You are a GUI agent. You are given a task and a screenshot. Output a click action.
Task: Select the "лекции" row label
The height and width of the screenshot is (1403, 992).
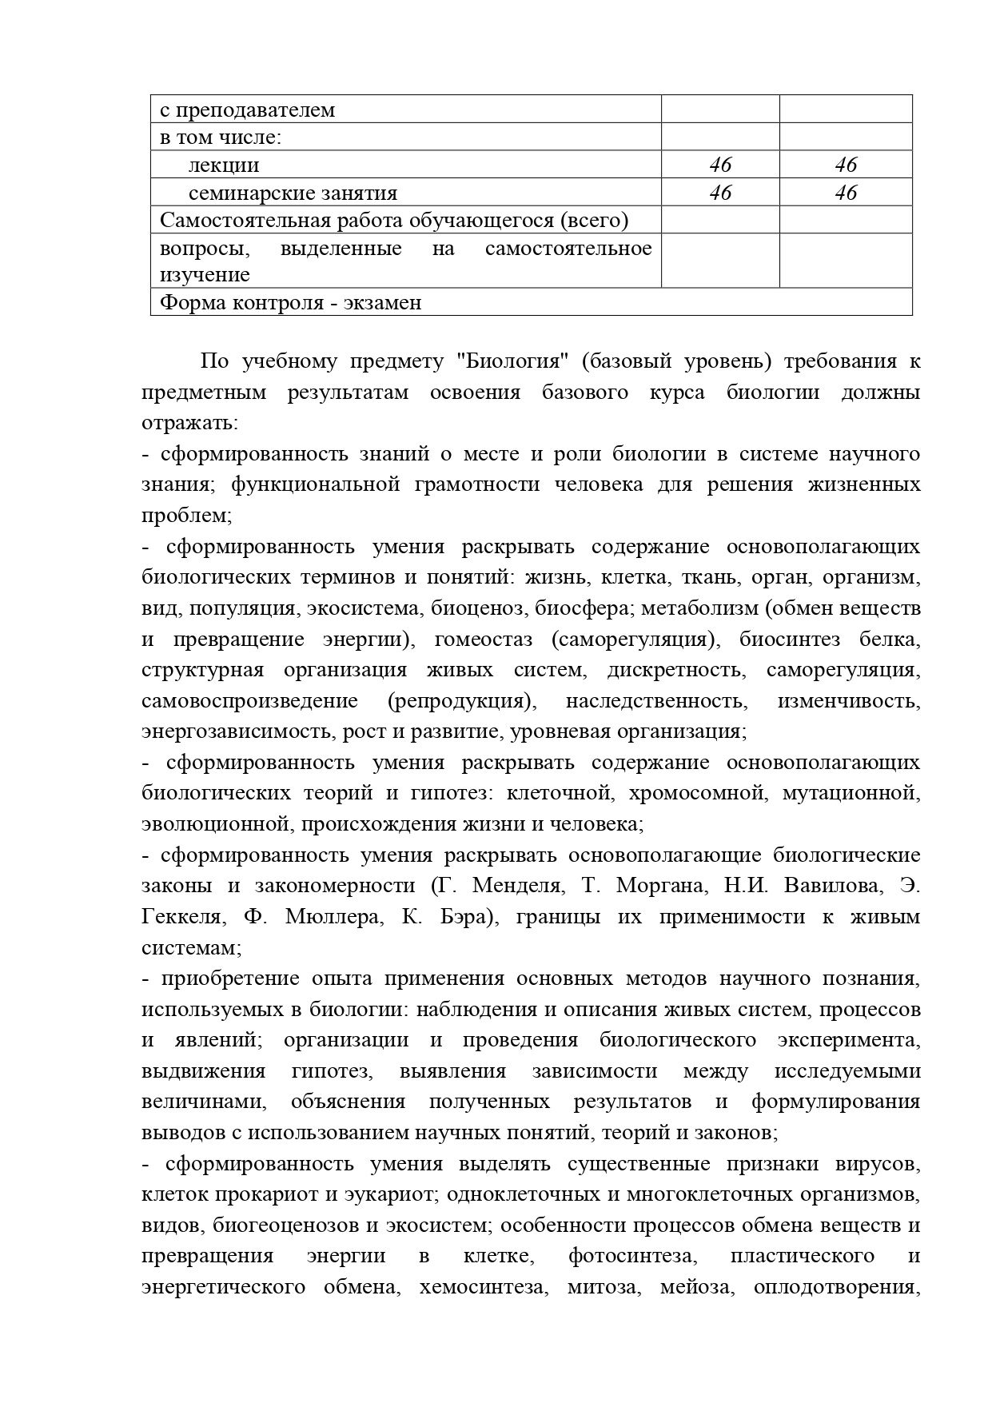click(x=224, y=165)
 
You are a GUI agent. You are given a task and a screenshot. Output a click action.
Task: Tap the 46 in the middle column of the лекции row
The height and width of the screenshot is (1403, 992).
click(x=720, y=165)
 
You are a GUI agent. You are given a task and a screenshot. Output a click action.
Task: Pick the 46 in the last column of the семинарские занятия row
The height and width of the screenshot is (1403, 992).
click(x=846, y=193)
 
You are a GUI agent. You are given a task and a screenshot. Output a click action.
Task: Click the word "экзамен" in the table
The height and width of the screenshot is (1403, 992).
click(x=383, y=303)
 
